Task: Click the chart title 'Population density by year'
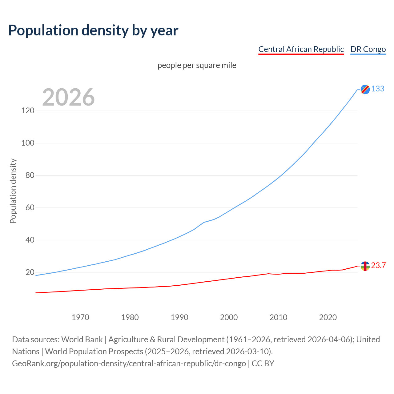pyautogui.click(x=93, y=30)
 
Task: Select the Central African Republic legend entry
pyautogui.click(x=301, y=49)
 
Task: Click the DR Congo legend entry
pyautogui.click(x=368, y=49)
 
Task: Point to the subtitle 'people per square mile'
pyautogui.click(x=197, y=65)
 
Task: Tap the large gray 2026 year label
pyautogui.click(x=68, y=97)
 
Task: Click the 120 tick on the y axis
pyautogui.click(x=28, y=111)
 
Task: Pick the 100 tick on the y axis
pyautogui.click(x=28, y=143)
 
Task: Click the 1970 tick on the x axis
pyautogui.click(x=80, y=317)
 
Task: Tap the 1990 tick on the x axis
pyautogui.click(x=179, y=317)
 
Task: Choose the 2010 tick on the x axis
pyautogui.click(x=278, y=317)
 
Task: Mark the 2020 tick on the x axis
pyautogui.click(x=328, y=317)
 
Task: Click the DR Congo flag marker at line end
pyautogui.click(x=365, y=89)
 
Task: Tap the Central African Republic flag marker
pyautogui.click(x=365, y=266)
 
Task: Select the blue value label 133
pyautogui.click(x=378, y=89)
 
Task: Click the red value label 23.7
pyautogui.click(x=378, y=266)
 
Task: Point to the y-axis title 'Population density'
pyautogui.click(x=13, y=191)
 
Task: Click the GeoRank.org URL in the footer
pyautogui.click(x=129, y=364)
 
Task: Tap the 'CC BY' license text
pyautogui.click(x=263, y=364)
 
